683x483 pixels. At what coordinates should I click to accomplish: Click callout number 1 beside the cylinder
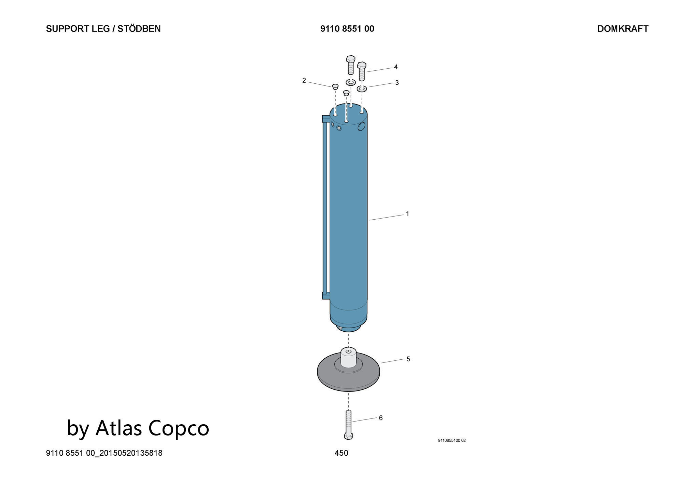click(407, 214)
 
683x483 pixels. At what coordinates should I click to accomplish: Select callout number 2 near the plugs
click(304, 81)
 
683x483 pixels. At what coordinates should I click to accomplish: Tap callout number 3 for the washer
click(397, 83)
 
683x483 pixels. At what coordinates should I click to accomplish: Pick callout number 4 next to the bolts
click(396, 67)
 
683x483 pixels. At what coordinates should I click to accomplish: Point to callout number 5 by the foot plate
click(408, 359)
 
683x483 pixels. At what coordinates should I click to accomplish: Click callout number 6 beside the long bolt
click(381, 418)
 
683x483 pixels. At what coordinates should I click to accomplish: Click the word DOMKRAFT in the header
click(623, 29)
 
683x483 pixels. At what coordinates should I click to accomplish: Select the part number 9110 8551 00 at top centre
click(347, 29)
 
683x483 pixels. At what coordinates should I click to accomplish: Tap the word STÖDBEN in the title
click(139, 29)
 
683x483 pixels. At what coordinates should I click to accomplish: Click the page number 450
click(341, 453)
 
